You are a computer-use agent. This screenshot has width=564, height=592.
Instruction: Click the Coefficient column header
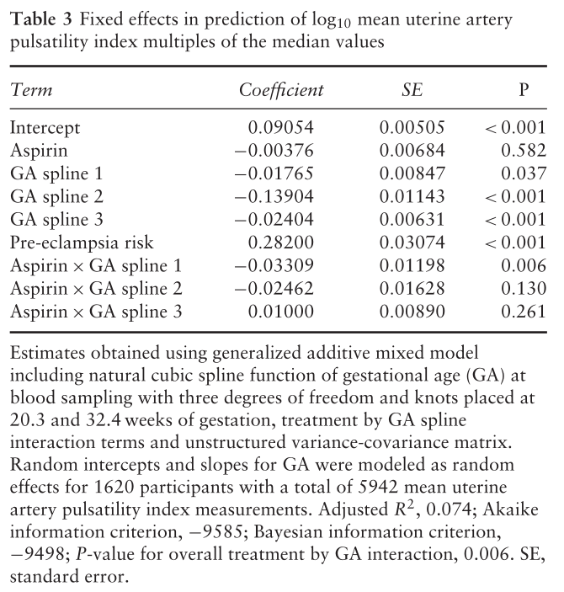click(x=281, y=90)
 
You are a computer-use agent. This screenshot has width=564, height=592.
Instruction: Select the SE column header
click(x=412, y=90)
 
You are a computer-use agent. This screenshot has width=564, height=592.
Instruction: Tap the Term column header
click(x=31, y=90)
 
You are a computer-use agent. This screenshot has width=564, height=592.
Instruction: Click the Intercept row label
click(x=45, y=128)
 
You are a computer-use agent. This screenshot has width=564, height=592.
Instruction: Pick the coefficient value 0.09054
click(x=281, y=128)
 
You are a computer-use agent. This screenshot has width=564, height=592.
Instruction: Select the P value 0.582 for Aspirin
click(x=524, y=151)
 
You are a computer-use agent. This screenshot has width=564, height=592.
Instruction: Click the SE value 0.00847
click(x=412, y=173)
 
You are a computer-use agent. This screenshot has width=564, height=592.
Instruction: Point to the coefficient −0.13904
click(x=274, y=197)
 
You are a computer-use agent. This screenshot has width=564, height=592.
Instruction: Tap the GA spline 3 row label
click(x=56, y=220)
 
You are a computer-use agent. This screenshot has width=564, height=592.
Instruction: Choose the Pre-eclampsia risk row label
click(x=82, y=243)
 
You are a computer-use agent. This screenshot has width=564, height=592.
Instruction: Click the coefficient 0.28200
click(x=281, y=243)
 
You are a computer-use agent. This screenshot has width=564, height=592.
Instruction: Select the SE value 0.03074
click(x=412, y=243)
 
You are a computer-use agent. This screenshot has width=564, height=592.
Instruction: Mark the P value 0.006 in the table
click(x=524, y=266)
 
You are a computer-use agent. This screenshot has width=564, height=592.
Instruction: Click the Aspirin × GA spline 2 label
click(x=96, y=289)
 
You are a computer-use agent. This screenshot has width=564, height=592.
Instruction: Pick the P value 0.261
click(x=524, y=312)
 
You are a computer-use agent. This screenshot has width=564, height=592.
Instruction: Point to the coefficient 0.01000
click(x=281, y=312)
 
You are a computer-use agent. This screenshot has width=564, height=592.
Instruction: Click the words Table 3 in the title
click(x=40, y=19)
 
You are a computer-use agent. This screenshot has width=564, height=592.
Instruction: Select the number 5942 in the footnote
click(x=377, y=487)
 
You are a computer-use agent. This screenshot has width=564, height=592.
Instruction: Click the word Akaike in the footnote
click(x=510, y=509)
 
